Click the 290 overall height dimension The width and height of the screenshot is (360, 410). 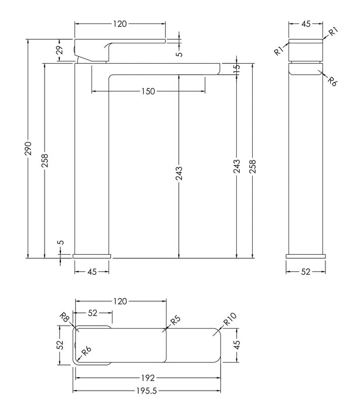coord(28,148)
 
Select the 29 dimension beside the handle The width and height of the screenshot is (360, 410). coord(60,50)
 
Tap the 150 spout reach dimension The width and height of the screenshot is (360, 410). coord(148,91)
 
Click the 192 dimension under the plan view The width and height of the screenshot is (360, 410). coord(148,378)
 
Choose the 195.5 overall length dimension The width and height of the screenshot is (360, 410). coord(147,391)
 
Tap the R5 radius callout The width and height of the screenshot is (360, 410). coord(175,320)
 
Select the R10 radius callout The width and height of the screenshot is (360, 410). coord(230,319)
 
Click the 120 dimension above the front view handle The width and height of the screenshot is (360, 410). coord(120,24)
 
